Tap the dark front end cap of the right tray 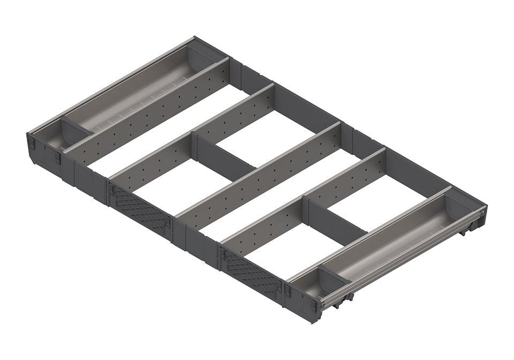point(303,305)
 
